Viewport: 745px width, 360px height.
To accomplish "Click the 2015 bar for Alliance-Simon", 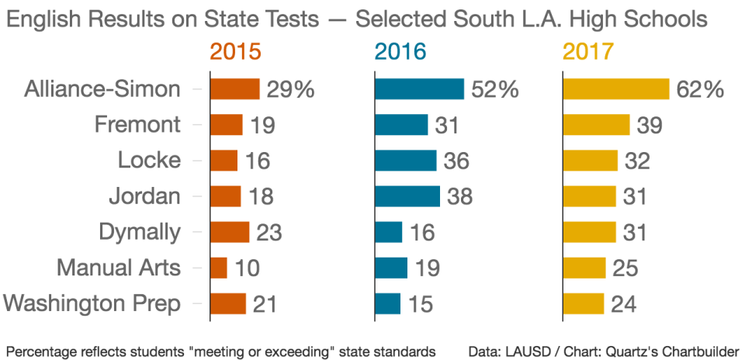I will click(235, 89).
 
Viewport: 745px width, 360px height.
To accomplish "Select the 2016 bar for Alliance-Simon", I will click(419, 89).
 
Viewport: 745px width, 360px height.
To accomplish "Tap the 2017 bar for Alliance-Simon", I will click(616, 89).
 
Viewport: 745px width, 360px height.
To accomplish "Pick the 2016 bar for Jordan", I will click(407, 196).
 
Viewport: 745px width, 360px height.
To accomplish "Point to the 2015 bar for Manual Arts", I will click(219, 268).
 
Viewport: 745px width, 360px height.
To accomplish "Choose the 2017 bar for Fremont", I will click(596, 125).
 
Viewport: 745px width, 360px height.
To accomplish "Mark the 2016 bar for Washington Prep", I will click(388, 303).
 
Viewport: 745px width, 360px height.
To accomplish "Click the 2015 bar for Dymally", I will click(230, 232).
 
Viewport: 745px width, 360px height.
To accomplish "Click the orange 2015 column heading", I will click(235, 52).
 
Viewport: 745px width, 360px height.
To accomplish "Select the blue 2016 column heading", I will click(400, 52).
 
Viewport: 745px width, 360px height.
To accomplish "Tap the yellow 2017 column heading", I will click(588, 52).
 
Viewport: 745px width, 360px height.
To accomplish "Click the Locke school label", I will click(149, 161).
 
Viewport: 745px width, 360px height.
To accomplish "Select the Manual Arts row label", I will click(119, 268).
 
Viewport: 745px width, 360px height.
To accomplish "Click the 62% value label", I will click(699, 89).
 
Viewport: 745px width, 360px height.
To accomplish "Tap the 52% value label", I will click(494, 89).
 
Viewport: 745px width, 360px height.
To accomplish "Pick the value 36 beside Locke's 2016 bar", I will click(456, 161).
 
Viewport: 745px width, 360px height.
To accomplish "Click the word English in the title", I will click(43, 19).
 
